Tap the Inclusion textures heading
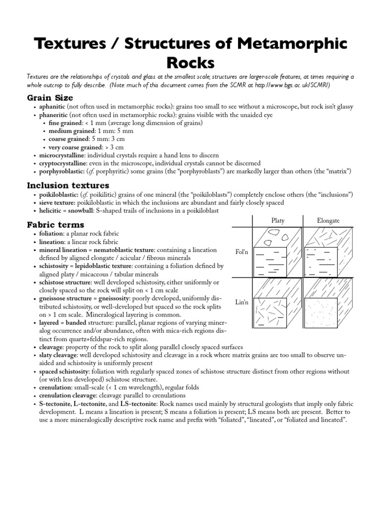tap(67, 185)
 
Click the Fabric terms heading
tap(56, 225)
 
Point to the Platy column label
tap(278, 220)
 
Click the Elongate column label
tap(328, 220)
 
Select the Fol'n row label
tap(242, 253)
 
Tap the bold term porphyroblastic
tap(61, 171)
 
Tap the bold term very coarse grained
tap(73, 147)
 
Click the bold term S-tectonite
tap(55, 404)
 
